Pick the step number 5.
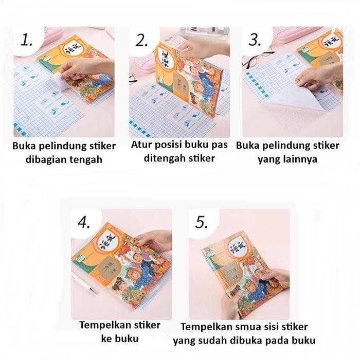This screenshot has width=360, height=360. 201,222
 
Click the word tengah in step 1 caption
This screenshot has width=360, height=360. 85,159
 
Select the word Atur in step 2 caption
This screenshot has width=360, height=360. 142,145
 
